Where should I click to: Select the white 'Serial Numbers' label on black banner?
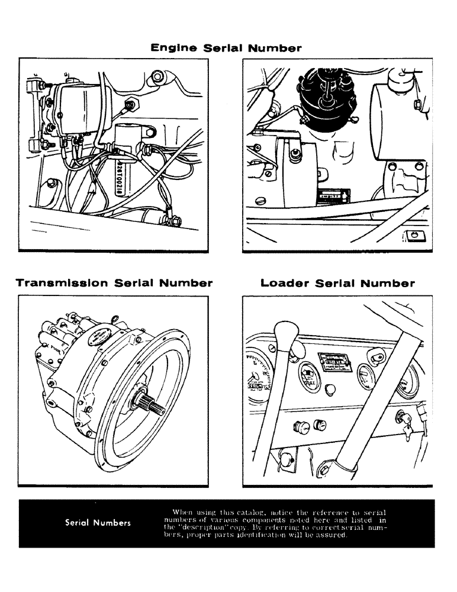[98, 523]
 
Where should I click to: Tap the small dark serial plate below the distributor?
[333, 193]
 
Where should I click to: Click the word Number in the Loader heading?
[388, 283]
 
